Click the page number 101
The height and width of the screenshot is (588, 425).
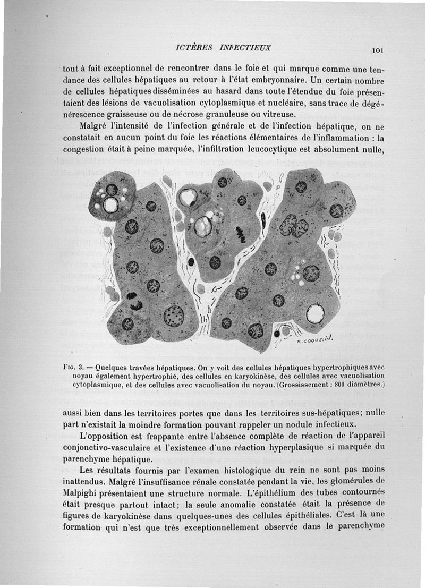(x=378, y=50)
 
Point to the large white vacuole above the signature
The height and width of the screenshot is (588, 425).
(x=315, y=313)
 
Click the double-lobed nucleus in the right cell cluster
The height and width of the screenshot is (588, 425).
(x=294, y=226)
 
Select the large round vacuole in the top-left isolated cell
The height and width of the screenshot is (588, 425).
(x=111, y=204)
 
